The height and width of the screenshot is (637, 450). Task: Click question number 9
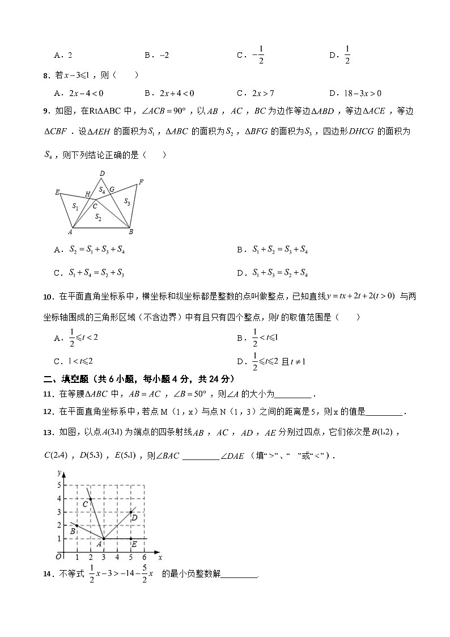47,112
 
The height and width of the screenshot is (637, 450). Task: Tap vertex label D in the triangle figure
102,174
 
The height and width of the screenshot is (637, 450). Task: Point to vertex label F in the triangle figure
141,182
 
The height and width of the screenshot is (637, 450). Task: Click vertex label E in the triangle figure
57,192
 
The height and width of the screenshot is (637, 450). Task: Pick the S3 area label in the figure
127,201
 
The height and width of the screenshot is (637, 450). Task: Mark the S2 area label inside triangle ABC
98,216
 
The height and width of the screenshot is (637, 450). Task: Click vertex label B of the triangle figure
131,231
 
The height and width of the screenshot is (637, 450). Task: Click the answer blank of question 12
385,412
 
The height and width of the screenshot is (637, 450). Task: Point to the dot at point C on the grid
90,499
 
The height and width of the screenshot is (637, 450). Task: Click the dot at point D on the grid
131,512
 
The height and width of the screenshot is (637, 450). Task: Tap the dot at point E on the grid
131,539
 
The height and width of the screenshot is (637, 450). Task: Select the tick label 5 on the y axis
58,486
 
